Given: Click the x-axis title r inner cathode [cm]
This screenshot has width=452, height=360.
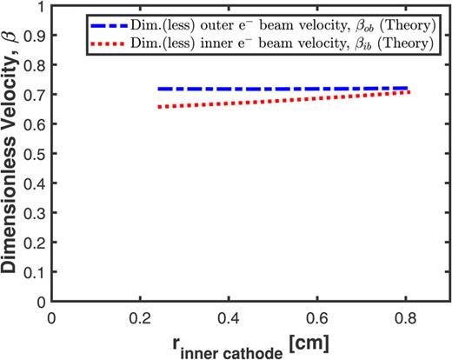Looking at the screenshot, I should [250, 345].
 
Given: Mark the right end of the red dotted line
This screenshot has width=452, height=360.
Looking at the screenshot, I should [409, 91].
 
